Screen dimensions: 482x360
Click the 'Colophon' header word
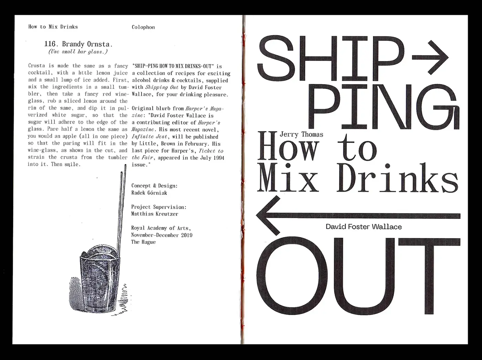coord(143,27)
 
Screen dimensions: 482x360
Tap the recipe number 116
coord(50,44)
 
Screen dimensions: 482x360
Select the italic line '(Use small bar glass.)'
coord(78,52)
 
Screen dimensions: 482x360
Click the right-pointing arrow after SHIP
coord(430,57)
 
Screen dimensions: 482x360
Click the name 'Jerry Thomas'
coord(302,134)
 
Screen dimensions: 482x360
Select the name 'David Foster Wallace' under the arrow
coord(364,227)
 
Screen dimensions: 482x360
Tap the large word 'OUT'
coord(358,276)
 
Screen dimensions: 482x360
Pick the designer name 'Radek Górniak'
coord(149,193)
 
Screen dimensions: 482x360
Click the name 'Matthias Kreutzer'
coord(155,214)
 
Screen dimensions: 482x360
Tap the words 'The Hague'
coord(143,242)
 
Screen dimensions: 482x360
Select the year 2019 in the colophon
coord(187,235)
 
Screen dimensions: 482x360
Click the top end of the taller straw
coord(125,165)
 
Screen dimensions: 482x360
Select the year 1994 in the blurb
coord(219,158)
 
